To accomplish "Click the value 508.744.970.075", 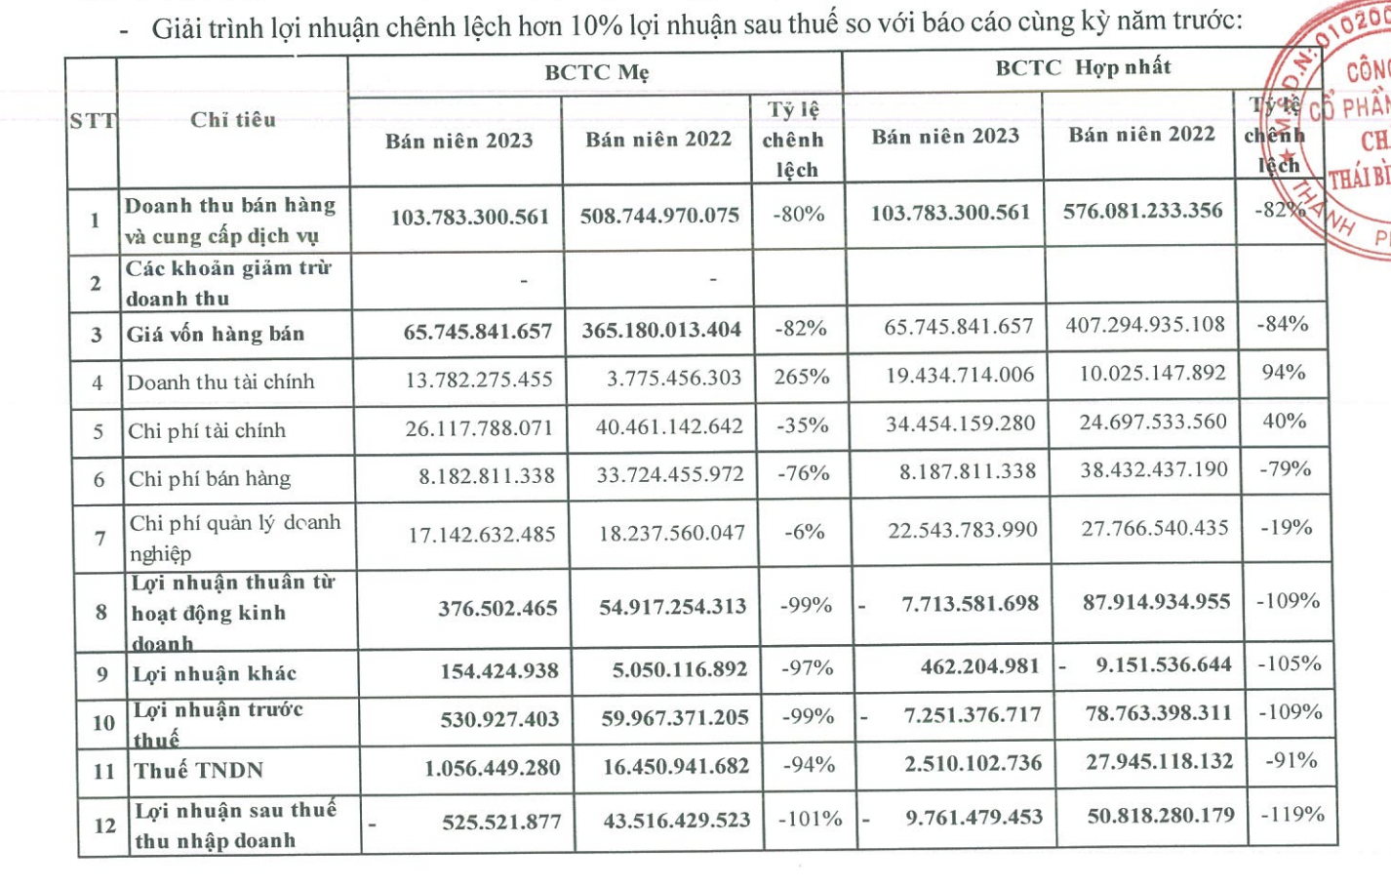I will (x=659, y=215).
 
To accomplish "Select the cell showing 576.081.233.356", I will (x=1142, y=211).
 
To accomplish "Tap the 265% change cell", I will (x=801, y=377).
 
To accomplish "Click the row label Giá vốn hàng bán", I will (x=216, y=334).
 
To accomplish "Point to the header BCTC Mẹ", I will (x=596, y=72).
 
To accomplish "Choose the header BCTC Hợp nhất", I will (x=1083, y=67).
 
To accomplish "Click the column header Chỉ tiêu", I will (x=233, y=120).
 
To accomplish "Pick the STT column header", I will (x=92, y=121).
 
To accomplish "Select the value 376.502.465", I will (x=497, y=608).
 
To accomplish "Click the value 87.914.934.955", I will (x=1156, y=602).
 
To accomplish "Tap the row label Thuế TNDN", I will (x=199, y=771).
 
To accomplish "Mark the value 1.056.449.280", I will (x=492, y=768).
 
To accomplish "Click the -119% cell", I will (x=1292, y=814).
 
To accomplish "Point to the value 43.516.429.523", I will (x=676, y=821).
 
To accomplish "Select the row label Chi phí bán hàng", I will (x=210, y=478).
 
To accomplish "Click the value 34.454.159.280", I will (x=960, y=423).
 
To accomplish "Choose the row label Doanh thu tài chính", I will (x=220, y=382).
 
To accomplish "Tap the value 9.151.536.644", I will (x=1163, y=665).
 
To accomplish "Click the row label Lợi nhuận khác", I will (x=215, y=673).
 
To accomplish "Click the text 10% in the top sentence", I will (x=597, y=24).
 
